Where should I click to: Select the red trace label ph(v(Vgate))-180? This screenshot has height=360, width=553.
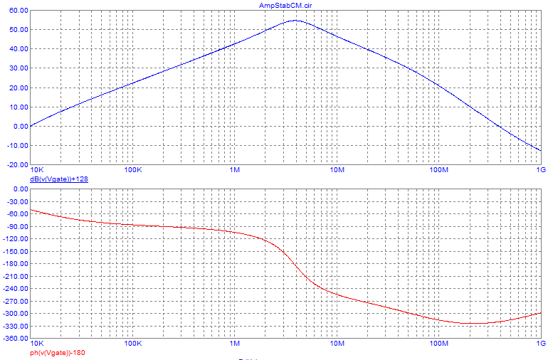coord(57,352)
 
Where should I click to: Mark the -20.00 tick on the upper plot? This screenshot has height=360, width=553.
coord(16,164)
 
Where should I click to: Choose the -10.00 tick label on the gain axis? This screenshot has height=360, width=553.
coord(16,145)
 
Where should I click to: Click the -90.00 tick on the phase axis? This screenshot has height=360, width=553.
coord(16,226)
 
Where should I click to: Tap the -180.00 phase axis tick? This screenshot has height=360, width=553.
coord(15,264)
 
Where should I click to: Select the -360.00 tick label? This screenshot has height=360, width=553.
coord(15,339)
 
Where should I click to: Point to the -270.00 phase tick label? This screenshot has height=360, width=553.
coord(15,301)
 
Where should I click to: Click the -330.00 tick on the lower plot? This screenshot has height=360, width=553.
coord(15,326)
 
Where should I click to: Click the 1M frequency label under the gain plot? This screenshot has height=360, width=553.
coord(235,171)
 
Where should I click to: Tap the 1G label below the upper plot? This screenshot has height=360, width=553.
coord(540,171)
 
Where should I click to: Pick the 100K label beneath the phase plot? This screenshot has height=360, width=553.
coord(133,344)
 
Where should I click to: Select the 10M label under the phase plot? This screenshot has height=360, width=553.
coord(337,344)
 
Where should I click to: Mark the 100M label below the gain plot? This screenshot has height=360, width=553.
coord(438,171)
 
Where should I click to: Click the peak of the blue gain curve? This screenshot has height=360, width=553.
coord(295,21)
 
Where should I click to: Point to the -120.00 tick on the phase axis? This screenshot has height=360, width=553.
coord(15,239)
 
